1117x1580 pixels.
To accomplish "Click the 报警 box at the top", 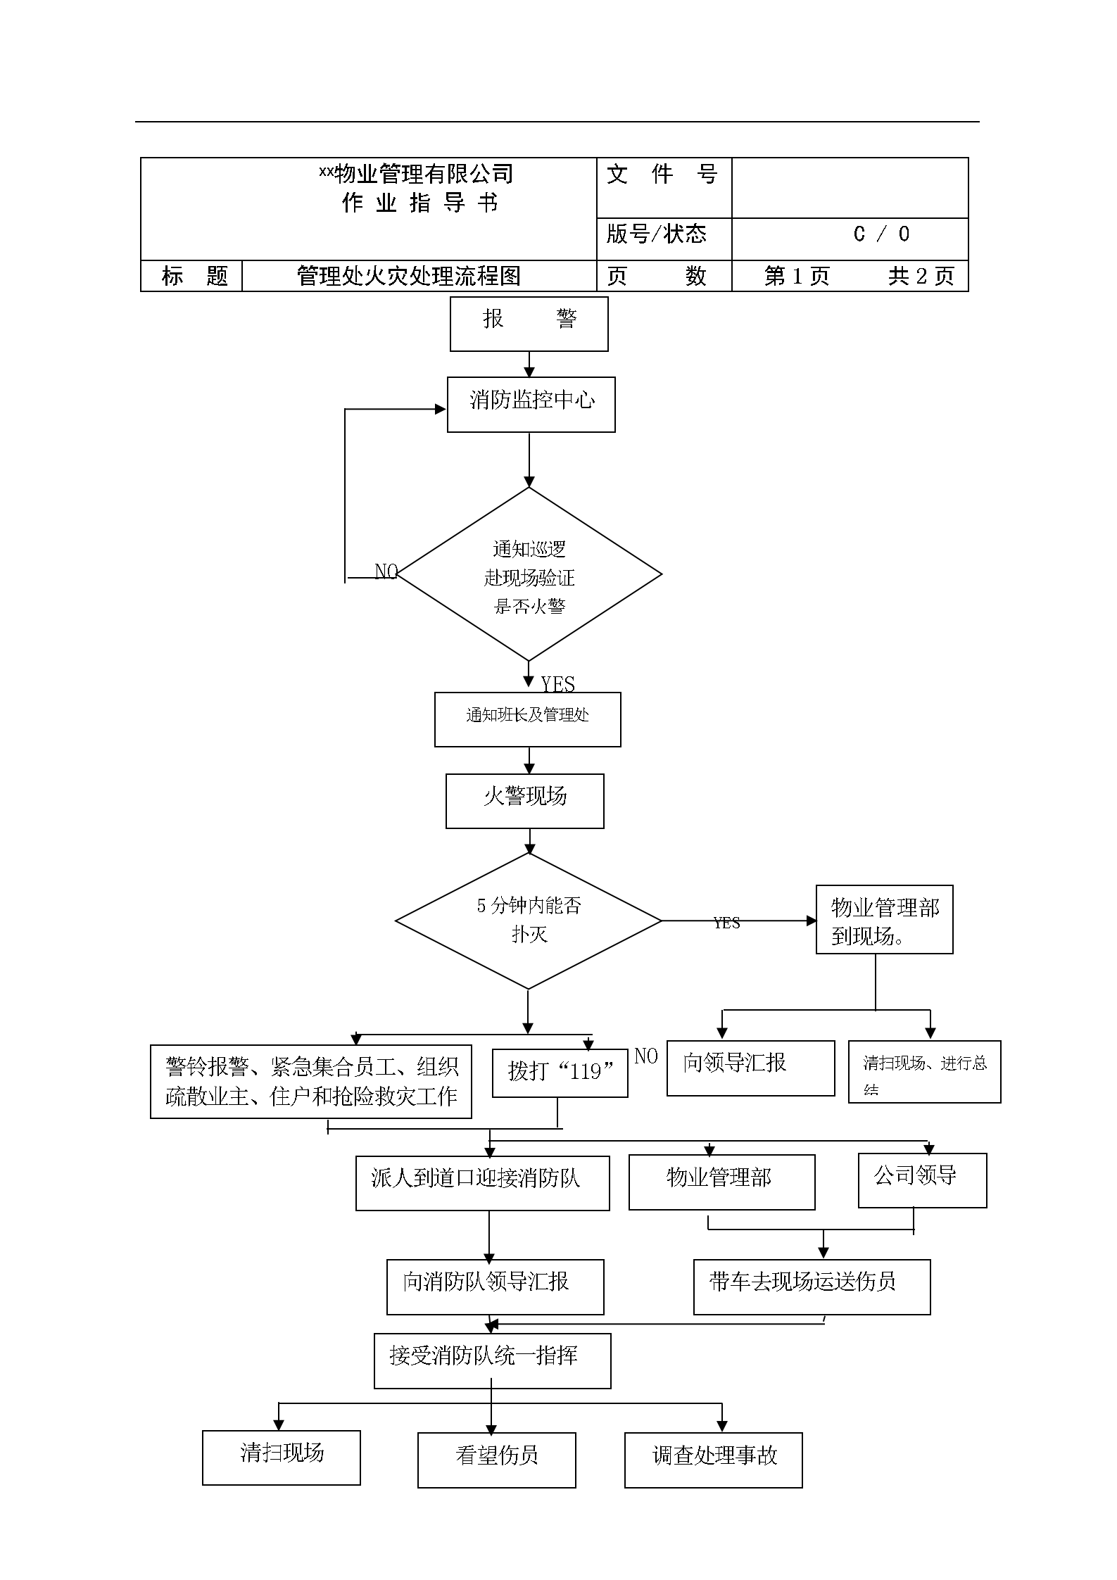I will click(529, 324).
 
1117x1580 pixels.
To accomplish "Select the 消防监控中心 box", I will click(531, 404).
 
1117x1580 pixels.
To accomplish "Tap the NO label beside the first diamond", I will click(386, 571).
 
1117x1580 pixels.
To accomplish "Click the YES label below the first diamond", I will click(557, 684).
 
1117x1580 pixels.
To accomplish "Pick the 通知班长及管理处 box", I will click(527, 719).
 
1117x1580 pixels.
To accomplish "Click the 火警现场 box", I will click(524, 801).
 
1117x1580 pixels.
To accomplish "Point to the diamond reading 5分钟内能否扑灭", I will click(529, 921).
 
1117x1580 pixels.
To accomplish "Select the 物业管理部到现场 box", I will click(884, 919).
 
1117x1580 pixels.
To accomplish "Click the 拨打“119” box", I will click(560, 1073).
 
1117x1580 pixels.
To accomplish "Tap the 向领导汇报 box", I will click(750, 1068).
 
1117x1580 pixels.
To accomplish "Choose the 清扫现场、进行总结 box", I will click(924, 1072).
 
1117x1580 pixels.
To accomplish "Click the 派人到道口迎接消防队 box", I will click(482, 1183).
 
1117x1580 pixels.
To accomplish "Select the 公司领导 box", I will click(922, 1180).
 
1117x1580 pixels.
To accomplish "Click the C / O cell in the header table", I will click(881, 234).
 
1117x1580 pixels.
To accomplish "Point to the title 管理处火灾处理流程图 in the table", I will click(409, 276).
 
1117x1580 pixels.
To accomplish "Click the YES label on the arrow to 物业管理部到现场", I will click(726, 923).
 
